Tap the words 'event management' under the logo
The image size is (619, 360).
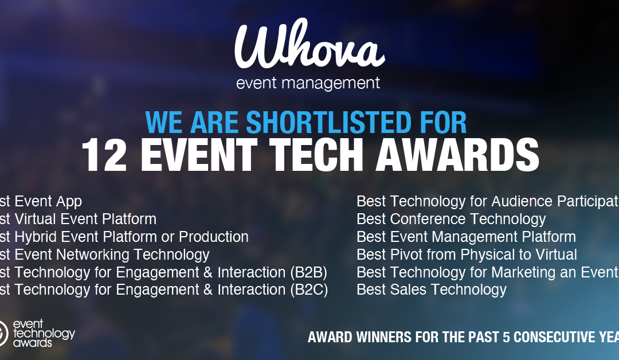tap(308, 84)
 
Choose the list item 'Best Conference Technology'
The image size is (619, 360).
tap(451, 219)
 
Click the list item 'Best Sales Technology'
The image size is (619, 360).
tap(432, 289)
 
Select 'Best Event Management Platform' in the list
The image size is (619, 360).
tap(466, 237)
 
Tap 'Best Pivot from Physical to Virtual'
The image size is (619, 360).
tap(467, 255)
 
